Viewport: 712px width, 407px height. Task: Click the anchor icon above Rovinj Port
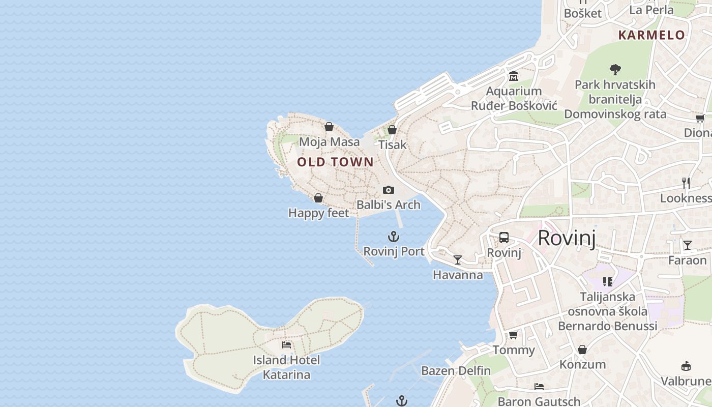click(394, 237)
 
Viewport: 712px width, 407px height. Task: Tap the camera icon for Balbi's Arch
click(389, 190)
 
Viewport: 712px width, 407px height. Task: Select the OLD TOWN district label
click(335, 162)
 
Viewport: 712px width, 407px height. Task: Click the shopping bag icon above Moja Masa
click(329, 127)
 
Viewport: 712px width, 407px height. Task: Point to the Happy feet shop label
click(319, 213)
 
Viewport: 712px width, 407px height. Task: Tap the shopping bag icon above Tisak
click(392, 130)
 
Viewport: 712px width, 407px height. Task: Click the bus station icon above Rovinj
click(504, 238)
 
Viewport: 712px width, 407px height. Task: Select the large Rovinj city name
click(567, 238)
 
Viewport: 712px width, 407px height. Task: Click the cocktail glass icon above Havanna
click(458, 260)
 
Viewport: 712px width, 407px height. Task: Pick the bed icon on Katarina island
click(286, 345)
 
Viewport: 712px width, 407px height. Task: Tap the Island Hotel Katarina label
click(286, 367)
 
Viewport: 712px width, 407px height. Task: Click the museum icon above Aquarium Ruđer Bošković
click(513, 76)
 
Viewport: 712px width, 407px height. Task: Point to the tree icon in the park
click(615, 69)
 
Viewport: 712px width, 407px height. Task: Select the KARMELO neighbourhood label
click(651, 35)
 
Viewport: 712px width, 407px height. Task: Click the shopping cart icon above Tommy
click(514, 335)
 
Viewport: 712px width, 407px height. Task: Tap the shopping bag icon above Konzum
click(582, 350)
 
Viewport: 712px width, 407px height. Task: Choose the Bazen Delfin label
click(456, 370)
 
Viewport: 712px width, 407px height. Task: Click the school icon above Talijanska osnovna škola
click(607, 281)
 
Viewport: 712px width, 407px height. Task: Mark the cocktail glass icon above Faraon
click(688, 245)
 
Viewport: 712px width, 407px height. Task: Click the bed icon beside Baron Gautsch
click(539, 387)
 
